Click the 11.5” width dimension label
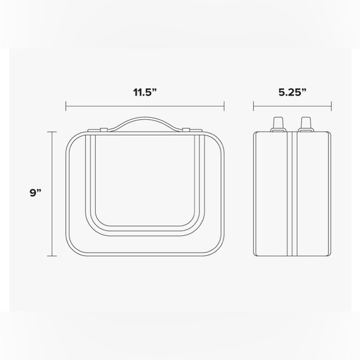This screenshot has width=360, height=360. pyautogui.click(x=145, y=92)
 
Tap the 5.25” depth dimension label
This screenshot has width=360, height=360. pyautogui.click(x=292, y=92)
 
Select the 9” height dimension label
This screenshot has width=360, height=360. pyautogui.click(x=35, y=192)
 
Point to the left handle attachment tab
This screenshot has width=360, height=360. pyautogui.click(x=104, y=130)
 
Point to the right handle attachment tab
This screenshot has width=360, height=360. pyautogui.click(x=186, y=130)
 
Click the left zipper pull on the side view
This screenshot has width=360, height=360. pyautogui.click(x=278, y=124)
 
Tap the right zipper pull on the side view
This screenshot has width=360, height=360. pyautogui.click(x=306, y=124)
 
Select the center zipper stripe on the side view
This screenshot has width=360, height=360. pyautogui.click(x=292, y=194)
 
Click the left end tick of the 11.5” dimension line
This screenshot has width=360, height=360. pyautogui.click(x=66, y=106)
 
